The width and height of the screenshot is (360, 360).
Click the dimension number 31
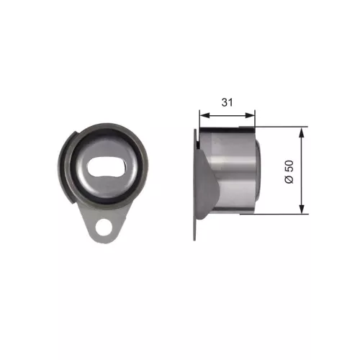[228, 103]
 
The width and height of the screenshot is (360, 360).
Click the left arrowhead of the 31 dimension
[203, 114]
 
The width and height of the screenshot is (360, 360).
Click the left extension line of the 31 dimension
[199, 120]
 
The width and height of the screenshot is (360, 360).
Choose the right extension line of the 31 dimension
[256, 120]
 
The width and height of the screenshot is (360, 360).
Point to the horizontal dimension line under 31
[228, 114]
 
